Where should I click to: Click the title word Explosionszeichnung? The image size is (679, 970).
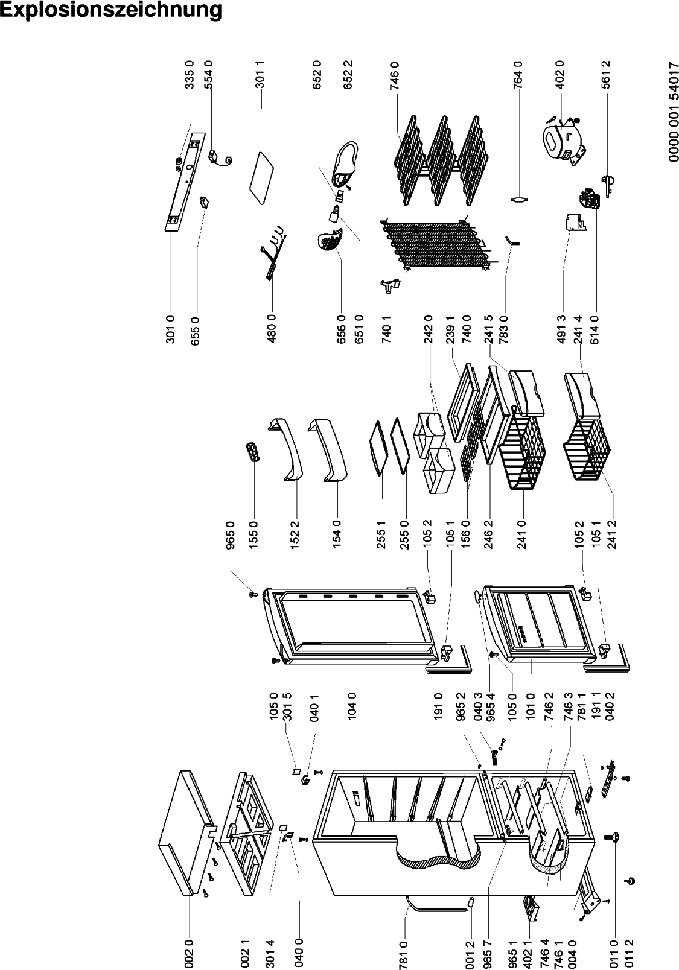coord(111,11)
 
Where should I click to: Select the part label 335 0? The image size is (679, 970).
coord(190,75)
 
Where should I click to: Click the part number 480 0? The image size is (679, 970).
coord(272,329)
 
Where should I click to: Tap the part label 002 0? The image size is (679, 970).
coord(190,954)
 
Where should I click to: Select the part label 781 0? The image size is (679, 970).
coord(403,954)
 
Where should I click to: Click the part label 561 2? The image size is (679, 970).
coord(606,75)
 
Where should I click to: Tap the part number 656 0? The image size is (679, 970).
coord(342,329)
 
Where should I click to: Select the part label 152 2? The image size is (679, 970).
coord(295,534)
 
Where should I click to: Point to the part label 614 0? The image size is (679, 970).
coord(595,329)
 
